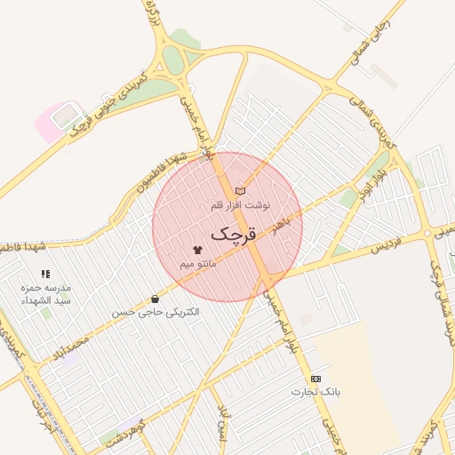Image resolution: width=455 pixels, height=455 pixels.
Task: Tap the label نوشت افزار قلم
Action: pos(239,204)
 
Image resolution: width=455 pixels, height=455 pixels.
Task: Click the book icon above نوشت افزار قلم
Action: pos(240,190)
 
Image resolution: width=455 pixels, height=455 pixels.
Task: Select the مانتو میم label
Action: pos(197,264)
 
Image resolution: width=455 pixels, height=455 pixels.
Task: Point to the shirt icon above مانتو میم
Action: pos(197,251)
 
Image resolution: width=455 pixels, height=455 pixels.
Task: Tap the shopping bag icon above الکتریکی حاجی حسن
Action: pos(156,299)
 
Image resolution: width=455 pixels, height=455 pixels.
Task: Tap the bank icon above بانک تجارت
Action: pos(315,379)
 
